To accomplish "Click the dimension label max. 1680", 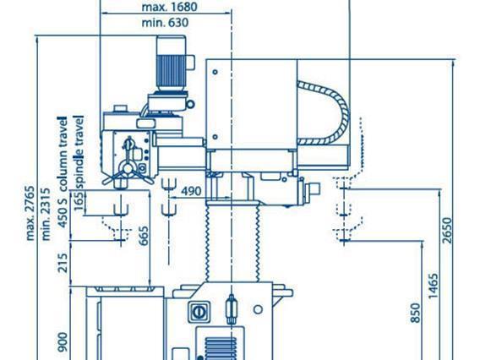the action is click(169, 7).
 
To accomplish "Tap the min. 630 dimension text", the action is click(165, 23).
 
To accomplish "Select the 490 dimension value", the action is click(191, 191).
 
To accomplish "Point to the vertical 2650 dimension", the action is click(447, 230).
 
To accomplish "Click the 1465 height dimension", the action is click(433, 286).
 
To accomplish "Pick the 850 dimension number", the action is click(415, 313).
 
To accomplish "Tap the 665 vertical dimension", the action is click(144, 236).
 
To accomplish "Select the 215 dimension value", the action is click(63, 263).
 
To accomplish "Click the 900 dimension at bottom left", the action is click(63, 342).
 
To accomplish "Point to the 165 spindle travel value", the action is click(79, 200).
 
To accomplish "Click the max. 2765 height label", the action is click(30, 213).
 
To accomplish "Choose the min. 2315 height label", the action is click(46, 214).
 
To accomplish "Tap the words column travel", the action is click(63, 154).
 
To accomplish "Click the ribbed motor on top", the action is click(171, 72).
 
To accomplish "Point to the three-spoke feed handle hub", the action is click(128, 168).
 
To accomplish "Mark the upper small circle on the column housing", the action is click(215, 72).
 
